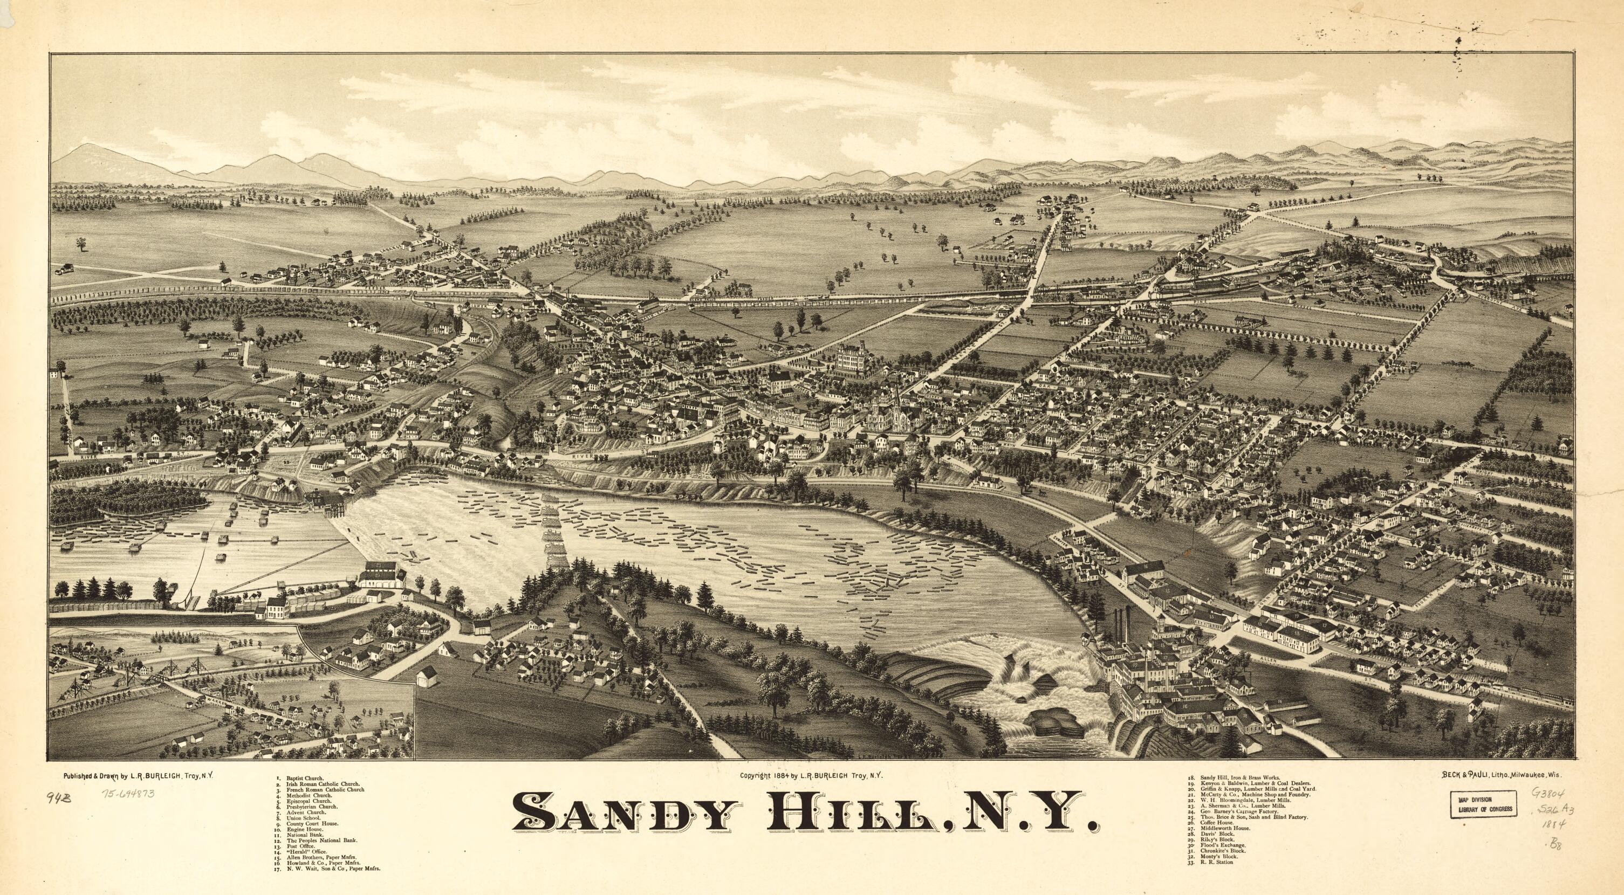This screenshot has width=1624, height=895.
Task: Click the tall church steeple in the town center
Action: pyautogui.click(x=896, y=403)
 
